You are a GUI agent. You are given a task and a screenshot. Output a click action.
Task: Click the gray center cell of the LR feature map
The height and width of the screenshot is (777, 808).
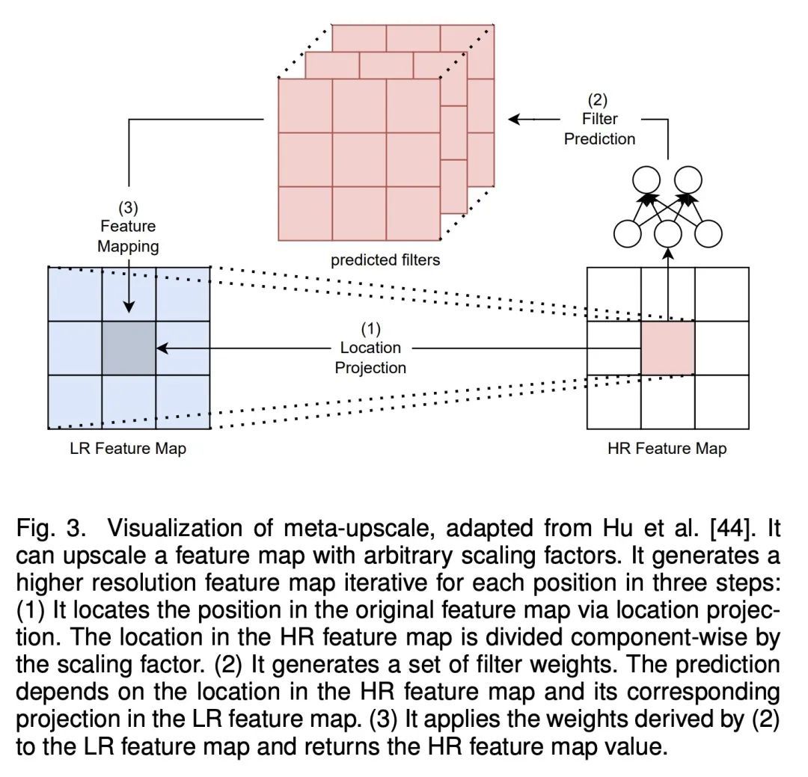coord(129,348)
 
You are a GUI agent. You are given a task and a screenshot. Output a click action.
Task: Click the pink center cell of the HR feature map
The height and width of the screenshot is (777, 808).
coord(667,348)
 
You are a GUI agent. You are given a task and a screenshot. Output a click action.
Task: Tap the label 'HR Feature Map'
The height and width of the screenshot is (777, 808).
coord(667,449)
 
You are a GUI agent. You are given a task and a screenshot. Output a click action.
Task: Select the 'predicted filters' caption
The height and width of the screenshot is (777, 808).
coord(385,260)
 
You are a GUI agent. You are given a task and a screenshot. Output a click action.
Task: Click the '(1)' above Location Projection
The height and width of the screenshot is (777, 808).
coord(371,328)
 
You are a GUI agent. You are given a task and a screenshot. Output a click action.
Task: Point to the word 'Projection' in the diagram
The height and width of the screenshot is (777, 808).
coord(371,367)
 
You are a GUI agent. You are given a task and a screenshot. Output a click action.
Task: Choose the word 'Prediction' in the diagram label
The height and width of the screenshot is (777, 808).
coord(600,138)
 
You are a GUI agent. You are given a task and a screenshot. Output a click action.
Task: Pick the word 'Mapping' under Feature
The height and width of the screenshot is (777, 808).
coord(129,246)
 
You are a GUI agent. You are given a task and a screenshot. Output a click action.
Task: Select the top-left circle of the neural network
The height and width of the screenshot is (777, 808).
coord(646,180)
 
